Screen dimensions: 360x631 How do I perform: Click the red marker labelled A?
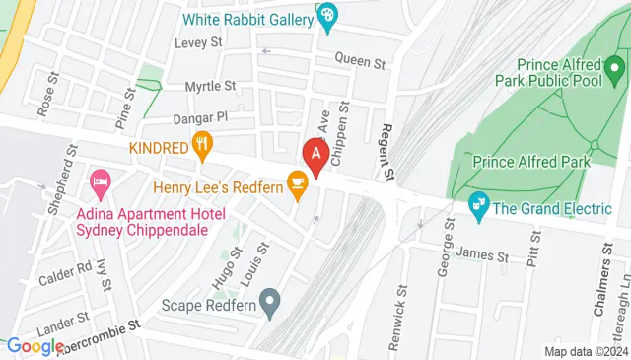tap(315, 155)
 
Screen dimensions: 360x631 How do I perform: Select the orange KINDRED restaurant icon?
tap(203, 147)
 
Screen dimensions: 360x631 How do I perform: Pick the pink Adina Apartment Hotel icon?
tap(99, 182)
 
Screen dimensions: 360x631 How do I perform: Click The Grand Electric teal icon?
tap(478, 207)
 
